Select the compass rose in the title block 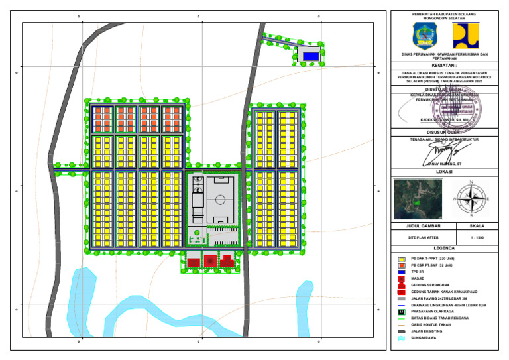click(470, 198)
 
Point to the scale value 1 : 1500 click(476, 237)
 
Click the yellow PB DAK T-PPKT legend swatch click(401, 258)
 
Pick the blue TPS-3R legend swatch click(401, 272)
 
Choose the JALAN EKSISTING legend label click(427, 331)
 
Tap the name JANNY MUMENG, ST click(445, 162)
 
